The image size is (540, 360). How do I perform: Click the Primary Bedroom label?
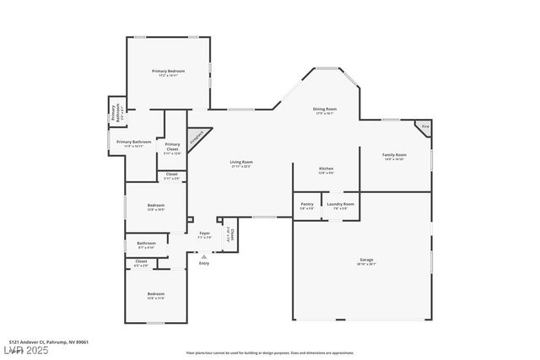168,72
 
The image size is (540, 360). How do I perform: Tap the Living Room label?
241,163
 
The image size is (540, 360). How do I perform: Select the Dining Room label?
325,110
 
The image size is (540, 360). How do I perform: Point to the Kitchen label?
326,170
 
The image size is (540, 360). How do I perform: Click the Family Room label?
394,156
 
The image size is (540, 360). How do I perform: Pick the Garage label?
365,261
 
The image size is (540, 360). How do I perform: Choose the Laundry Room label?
340,205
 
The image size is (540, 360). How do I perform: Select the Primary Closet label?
172,147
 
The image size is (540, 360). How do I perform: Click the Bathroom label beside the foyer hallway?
146,245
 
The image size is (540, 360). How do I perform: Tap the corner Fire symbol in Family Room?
425,126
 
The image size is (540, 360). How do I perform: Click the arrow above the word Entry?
203,255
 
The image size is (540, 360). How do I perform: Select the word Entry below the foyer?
203,264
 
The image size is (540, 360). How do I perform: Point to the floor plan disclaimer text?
270,352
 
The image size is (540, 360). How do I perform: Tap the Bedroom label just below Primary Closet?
155,207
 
